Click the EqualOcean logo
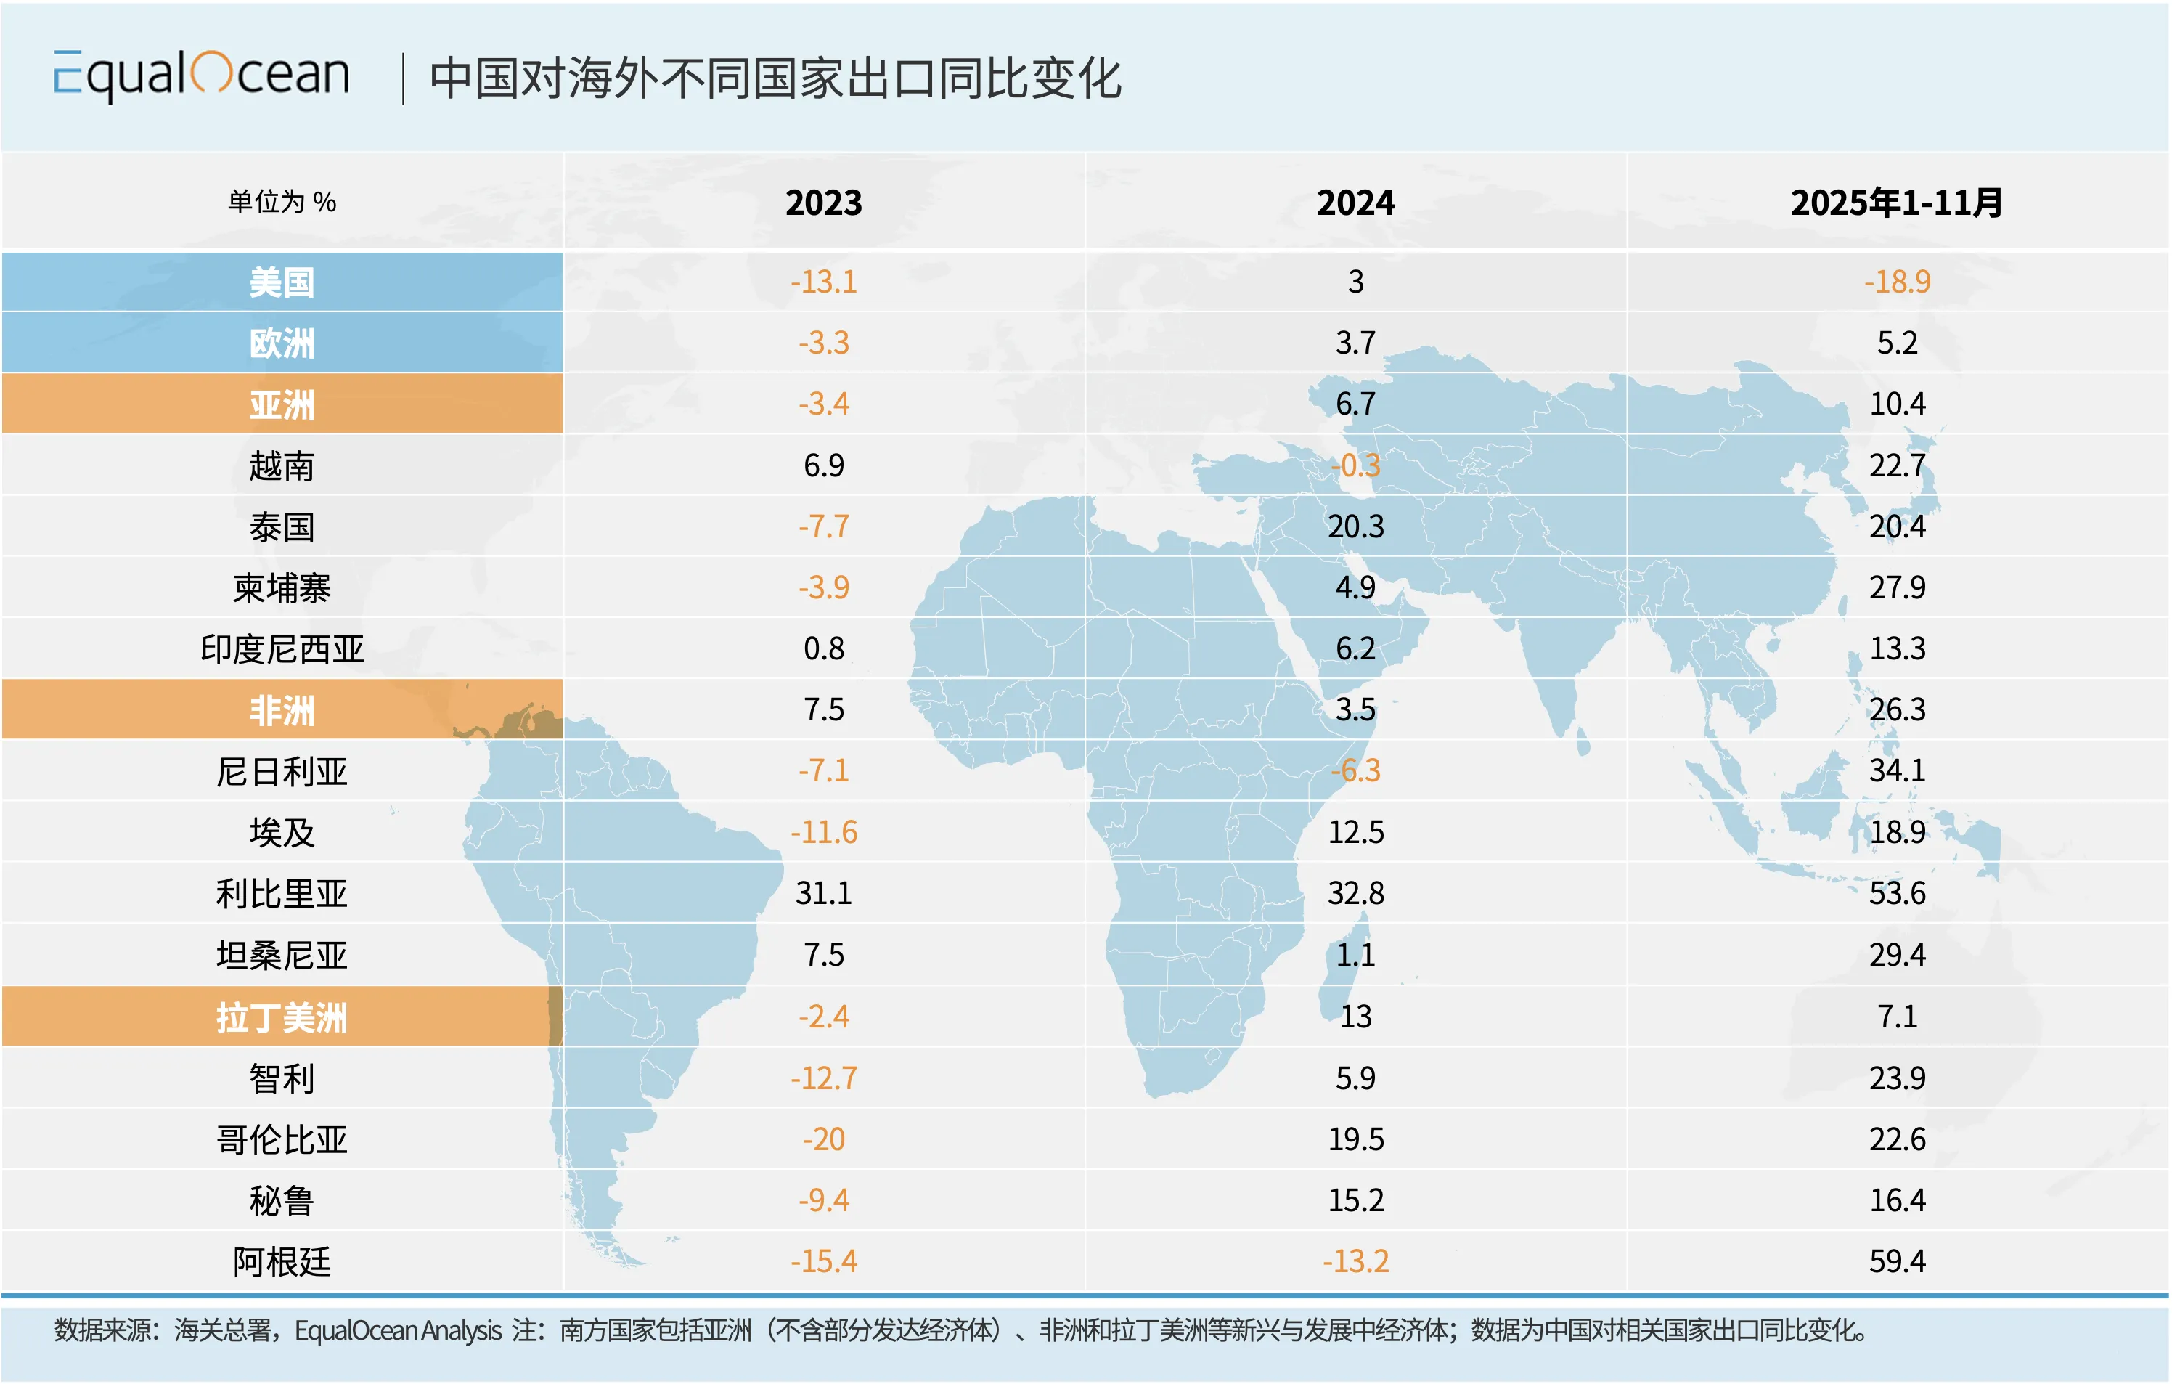pos(201,75)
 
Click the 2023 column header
pos(823,202)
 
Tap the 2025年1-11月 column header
pos(1896,202)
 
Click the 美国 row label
pos(282,282)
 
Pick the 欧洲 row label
pos(282,343)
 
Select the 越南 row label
pos(282,465)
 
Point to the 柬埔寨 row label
pos(282,587)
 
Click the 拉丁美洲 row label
pos(282,1017)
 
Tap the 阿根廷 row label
pos(282,1261)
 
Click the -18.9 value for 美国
pos(1897,282)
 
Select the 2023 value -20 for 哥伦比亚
pos(823,1139)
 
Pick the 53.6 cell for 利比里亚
pos(1897,893)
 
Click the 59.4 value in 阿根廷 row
pos(1897,1261)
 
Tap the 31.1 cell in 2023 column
pos(823,893)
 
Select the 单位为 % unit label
pos(282,202)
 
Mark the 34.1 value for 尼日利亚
pos(1897,770)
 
